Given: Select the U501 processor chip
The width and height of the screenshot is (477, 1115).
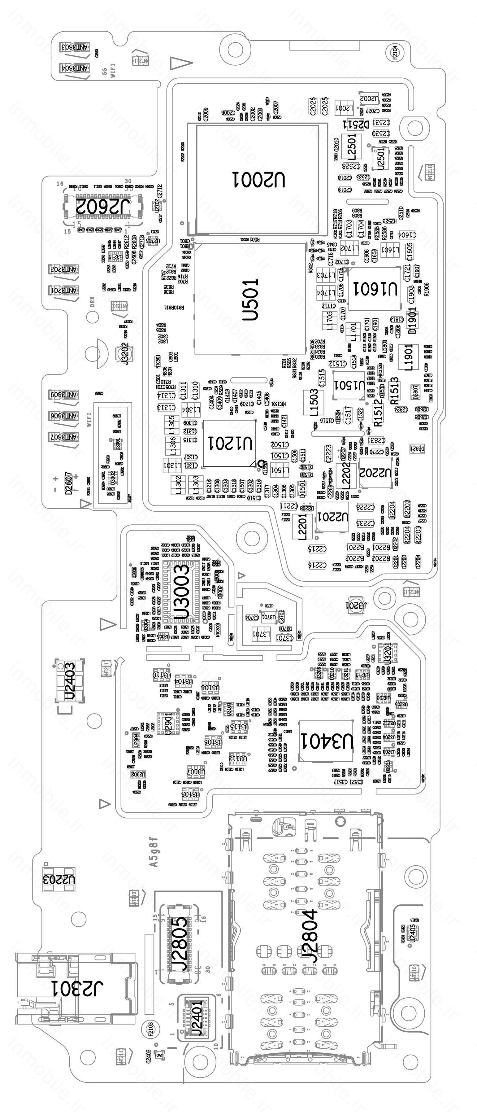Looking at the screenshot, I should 251,300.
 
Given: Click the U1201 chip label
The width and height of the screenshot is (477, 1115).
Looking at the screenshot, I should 229,443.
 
